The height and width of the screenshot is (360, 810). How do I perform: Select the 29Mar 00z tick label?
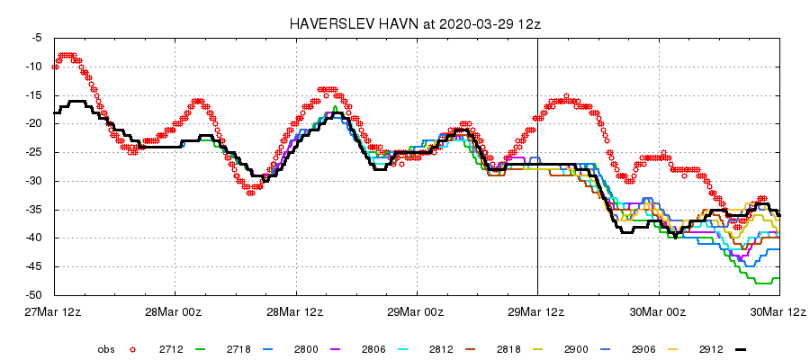click(x=417, y=311)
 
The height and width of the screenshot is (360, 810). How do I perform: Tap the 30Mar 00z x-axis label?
click(x=658, y=311)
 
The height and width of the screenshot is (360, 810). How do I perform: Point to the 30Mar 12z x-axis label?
click(x=779, y=311)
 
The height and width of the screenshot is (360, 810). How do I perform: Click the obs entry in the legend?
click(x=106, y=348)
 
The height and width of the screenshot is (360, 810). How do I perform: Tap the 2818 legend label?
click(x=508, y=348)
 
